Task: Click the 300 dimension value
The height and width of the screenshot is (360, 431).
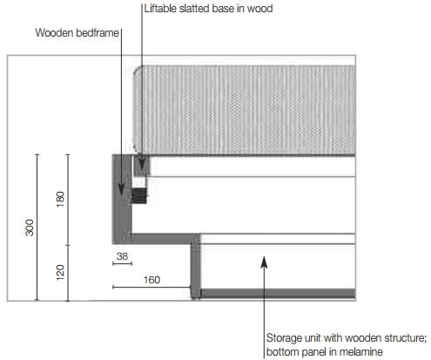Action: click(x=30, y=228)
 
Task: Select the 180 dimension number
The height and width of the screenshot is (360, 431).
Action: click(x=60, y=200)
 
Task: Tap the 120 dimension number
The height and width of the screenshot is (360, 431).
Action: click(x=60, y=273)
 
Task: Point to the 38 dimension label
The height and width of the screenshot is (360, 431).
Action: click(x=122, y=256)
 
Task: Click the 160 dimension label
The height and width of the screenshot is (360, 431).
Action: click(x=152, y=280)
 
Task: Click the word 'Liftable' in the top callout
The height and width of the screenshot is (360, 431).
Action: click(x=160, y=9)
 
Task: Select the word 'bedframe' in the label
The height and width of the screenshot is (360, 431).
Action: click(x=98, y=32)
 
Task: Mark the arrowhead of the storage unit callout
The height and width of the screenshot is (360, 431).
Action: click(x=264, y=262)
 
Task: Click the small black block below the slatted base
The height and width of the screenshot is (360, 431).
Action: click(x=139, y=195)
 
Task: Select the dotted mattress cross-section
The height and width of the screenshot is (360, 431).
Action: click(x=245, y=111)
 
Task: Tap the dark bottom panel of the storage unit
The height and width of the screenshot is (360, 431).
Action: click(x=278, y=294)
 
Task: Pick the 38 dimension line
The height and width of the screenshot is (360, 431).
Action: click(x=122, y=263)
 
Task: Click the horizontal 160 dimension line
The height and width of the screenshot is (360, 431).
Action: click(x=152, y=287)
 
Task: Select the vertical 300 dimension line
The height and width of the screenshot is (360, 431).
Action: click(x=37, y=228)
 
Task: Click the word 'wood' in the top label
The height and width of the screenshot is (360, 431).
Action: click(x=259, y=9)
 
